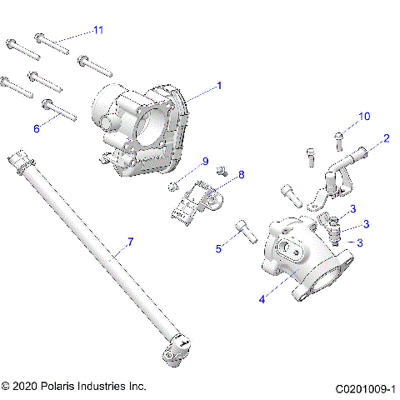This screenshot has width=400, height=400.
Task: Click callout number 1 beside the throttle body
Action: point(219,85)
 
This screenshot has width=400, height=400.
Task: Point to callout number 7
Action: point(129,242)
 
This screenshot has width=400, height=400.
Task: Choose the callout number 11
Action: point(98,30)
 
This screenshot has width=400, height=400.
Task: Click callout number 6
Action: point(36,128)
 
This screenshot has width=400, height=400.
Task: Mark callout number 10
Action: point(363,116)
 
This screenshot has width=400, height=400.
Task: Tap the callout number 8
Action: point(241,174)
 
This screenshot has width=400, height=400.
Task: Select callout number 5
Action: point(218,247)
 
